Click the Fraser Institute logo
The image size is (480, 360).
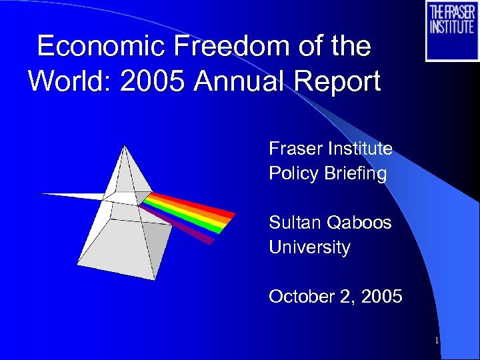451,31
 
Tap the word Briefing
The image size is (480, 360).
357,174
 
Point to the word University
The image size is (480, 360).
309,247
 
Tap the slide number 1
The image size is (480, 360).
436,341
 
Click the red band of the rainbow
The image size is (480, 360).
200,206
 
